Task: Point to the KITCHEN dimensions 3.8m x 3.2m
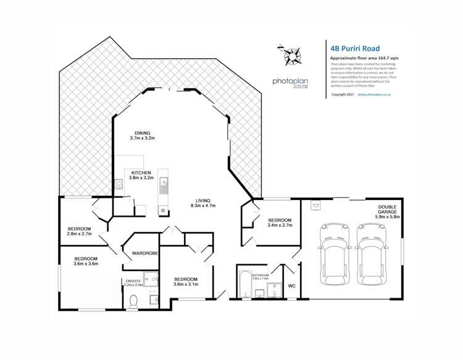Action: [141, 178]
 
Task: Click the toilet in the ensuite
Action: [134, 299]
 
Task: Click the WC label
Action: [293, 286]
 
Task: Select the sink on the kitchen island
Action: [163, 183]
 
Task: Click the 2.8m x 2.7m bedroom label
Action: [80, 232]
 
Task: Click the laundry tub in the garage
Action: [317, 204]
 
